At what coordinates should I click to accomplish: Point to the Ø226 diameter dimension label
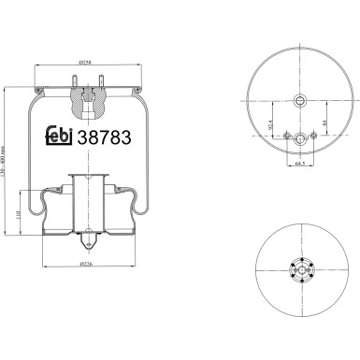(86, 265)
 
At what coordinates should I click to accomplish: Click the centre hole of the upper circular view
(300, 99)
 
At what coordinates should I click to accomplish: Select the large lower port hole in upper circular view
(300, 139)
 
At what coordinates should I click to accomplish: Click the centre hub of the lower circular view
(300, 271)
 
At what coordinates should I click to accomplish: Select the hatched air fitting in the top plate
(87, 94)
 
